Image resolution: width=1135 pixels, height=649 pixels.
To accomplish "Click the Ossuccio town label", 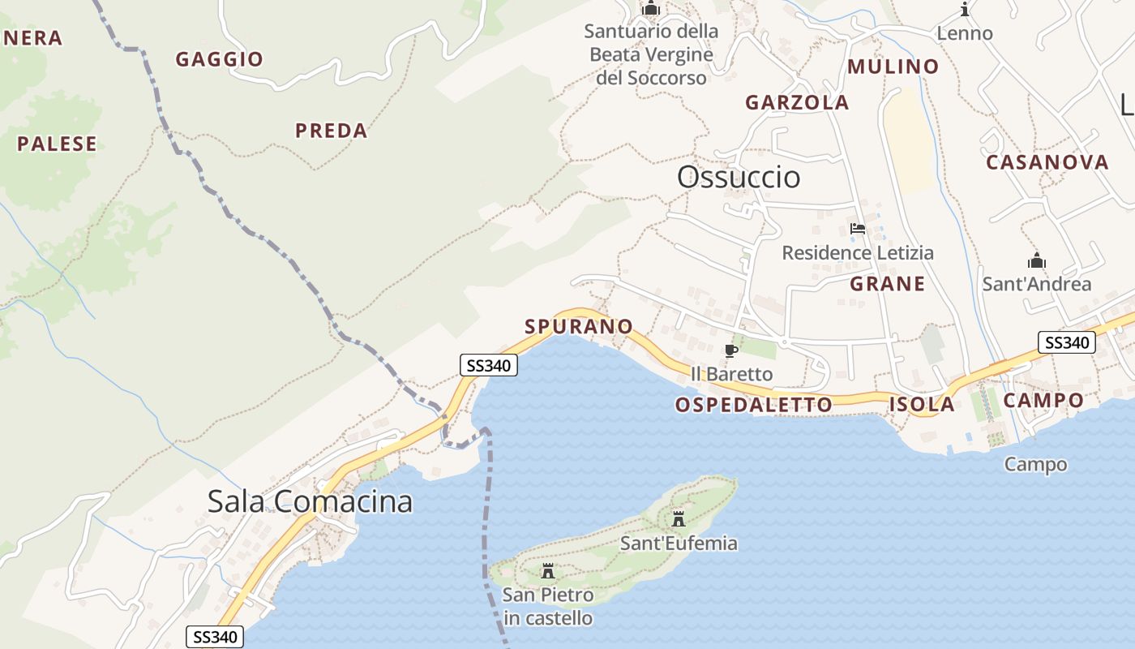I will (739, 177).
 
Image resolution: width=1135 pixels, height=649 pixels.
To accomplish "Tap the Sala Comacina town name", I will (310, 501).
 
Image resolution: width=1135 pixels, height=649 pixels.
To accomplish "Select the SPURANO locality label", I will (579, 326).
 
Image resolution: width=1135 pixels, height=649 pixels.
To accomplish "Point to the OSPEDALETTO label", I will (754, 404).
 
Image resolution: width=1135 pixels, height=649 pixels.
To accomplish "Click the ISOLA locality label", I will (922, 404).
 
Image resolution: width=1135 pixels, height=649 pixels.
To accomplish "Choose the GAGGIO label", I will (220, 59).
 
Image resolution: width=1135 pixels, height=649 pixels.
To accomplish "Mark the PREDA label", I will (331, 131).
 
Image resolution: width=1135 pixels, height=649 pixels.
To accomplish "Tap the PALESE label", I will (57, 144).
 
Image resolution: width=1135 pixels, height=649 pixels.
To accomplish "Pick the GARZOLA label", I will (797, 102).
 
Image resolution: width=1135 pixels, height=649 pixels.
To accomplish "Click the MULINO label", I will (893, 67).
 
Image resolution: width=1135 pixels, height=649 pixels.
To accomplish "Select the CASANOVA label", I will (1047, 162).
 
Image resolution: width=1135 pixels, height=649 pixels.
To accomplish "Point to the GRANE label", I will (888, 284).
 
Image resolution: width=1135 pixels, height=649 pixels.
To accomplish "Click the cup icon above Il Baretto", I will (730, 351).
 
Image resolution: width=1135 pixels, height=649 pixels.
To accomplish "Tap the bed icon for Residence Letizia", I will (858, 230).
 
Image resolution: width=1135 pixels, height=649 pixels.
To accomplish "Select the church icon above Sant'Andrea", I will (1036, 261).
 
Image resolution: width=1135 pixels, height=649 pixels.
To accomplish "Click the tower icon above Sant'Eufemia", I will (679, 519).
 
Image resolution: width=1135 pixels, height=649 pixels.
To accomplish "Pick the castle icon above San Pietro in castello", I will (548, 570).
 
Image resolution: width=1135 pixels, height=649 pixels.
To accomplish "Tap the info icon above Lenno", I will (965, 10).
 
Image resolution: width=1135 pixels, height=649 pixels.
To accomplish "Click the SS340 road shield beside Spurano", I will (488, 366).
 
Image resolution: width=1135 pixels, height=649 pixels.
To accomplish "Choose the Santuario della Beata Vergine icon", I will (651, 9).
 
